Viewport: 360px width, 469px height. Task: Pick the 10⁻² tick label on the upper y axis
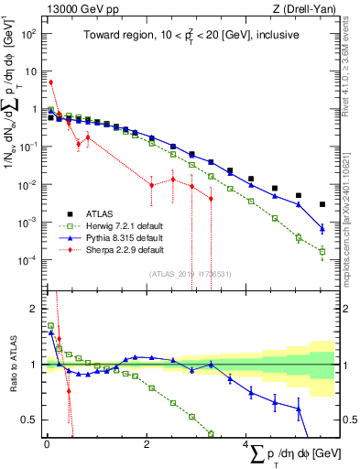(x=28, y=184)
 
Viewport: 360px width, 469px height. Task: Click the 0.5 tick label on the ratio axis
(x=27, y=420)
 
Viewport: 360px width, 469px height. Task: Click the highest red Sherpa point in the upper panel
(x=51, y=82)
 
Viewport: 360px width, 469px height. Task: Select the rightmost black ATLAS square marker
(x=322, y=204)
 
